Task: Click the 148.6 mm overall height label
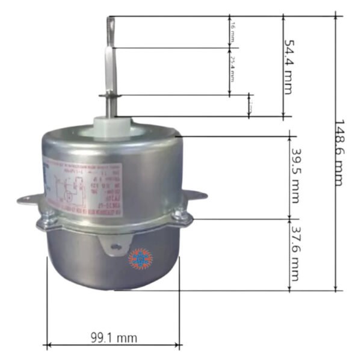tap(340, 153)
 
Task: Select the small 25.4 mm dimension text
tap(232, 71)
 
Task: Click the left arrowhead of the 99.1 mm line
tap(48, 345)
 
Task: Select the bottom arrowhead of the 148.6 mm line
tap(335, 288)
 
